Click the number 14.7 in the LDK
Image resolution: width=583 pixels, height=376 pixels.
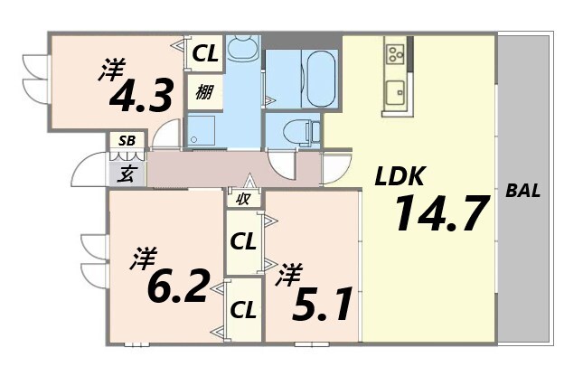point(441,213)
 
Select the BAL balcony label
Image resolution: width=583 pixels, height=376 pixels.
point(524,191)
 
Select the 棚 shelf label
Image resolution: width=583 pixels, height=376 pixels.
point(203,90)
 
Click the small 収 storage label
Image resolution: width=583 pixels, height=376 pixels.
point(243,198)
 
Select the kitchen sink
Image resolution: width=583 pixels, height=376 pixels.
point(395,90)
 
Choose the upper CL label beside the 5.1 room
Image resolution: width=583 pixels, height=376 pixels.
point(242,241)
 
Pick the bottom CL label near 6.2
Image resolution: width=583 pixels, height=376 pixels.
point(242,309)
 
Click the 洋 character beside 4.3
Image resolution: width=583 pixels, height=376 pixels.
point(113,67)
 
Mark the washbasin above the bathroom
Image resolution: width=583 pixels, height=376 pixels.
point(242,47)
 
